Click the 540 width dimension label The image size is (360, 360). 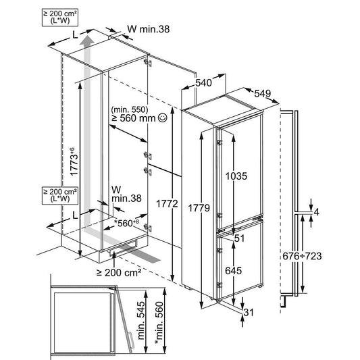point(203,82)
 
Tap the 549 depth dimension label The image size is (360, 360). point(263,93)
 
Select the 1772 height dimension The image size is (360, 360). point(167,204)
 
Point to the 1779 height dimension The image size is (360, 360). point(199,208)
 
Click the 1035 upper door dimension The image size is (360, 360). point(236,176)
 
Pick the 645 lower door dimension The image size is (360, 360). point(233,271)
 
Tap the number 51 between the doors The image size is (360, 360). point(240,238)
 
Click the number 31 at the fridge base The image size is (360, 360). point(249,312)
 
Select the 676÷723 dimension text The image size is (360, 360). point(302,256)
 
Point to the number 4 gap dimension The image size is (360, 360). point(316,212)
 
